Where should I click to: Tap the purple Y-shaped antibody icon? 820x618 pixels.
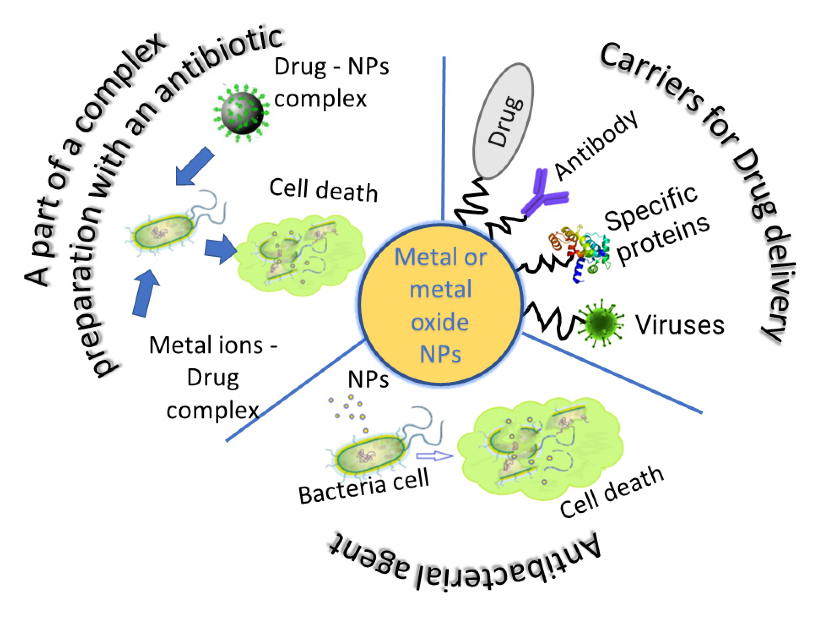(544, 194)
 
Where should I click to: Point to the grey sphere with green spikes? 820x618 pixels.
(242, 113)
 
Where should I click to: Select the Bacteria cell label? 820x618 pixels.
(364, 486)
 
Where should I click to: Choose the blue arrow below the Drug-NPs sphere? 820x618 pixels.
(194, 166)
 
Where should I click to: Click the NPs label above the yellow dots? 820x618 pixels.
(368, 380)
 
